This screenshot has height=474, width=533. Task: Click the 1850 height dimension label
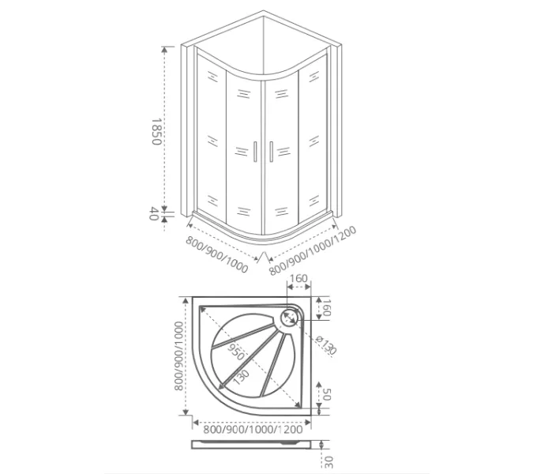pos(156,131)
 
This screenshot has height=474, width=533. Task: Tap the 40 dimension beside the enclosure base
pos(156,214)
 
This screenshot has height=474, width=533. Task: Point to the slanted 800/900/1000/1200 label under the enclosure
pos(313,250)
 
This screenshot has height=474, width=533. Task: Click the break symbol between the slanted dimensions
pos(263,258)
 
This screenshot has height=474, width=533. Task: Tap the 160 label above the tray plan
pos(299,279)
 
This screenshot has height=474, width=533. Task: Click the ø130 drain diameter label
pos(326,346)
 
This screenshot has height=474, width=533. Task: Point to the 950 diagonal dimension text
pos(236,354)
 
